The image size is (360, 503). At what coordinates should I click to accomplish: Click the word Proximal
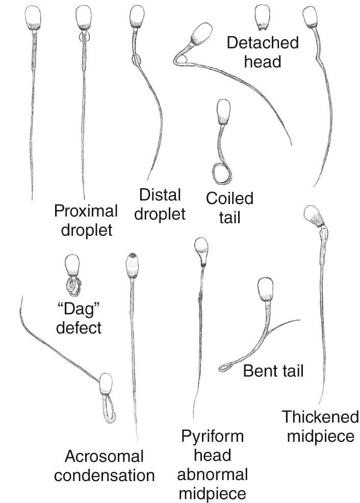pyautogui.click(x=86, y=211)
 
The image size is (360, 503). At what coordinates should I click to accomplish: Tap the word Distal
pyautogui.click(x=160, y=195)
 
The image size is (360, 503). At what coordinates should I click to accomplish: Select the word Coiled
pyautogui.click(x=229, y=198)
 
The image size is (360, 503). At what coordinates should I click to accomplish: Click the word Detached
pyautogui.click(x=263, y=43)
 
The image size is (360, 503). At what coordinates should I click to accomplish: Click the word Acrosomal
pyautogui.click(x=104, y=457)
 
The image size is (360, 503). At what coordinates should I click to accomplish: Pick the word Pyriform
pyautogui.click(x=212, y=437)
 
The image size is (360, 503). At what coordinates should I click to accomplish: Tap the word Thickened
pyautogui.click(x=320, y=417)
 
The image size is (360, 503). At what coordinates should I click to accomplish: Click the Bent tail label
pyautogui.click(x=273, y=371)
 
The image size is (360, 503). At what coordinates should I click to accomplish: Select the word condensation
pyautogui.click(x=104, y=475)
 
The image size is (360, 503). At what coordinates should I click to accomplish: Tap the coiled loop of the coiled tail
pyautogui.click(x=221, y=173)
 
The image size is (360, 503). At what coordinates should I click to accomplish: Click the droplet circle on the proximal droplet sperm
pyautogui.click(x=84, y=37)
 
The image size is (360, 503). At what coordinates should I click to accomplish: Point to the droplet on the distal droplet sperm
pyautogui.click(x=136, y=59)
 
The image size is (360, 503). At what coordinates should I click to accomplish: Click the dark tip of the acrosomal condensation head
pyautogui.click(x=132, y=256)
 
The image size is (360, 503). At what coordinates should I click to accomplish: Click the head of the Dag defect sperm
pyautogui.click(x=72, y=265)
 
